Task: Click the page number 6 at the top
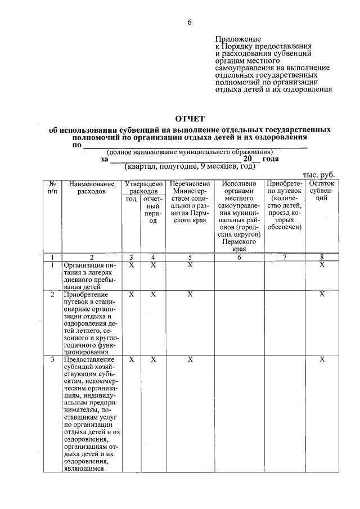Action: tap(190, 22)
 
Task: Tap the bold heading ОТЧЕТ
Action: tap(190, 118)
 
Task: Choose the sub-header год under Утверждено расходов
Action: tap(131, 200)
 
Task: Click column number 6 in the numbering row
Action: tap(238, 258)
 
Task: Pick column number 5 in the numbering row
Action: tap(190, 258)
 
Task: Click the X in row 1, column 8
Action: tap(322, 265)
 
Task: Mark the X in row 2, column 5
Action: tap(190, 294)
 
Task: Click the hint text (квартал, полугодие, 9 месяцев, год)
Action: tap(190, 167)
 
